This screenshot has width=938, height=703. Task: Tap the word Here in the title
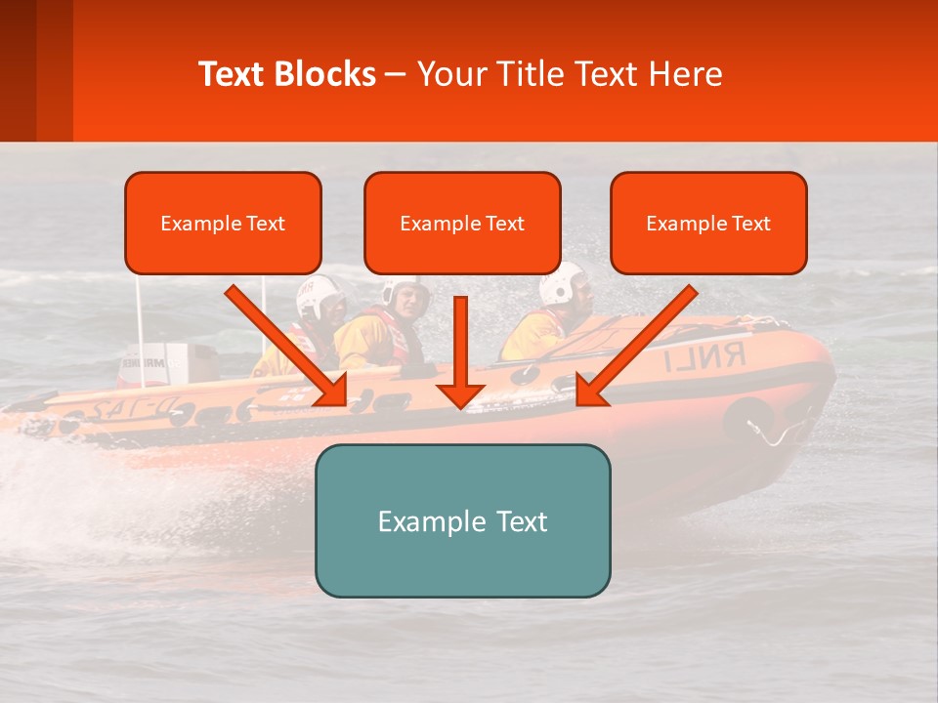tap(683, 74)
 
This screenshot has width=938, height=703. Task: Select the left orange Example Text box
tap(223, 223)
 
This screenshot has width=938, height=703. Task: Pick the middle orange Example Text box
tap(462, 223)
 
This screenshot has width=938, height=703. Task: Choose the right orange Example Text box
tap(708, 223)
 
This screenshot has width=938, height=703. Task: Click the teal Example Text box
tap(462, 520)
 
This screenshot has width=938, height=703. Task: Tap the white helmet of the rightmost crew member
tap(562, 282)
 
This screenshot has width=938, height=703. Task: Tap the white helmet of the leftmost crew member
tap(319, 296)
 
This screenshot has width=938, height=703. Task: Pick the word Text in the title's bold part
tap(234, 74)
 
